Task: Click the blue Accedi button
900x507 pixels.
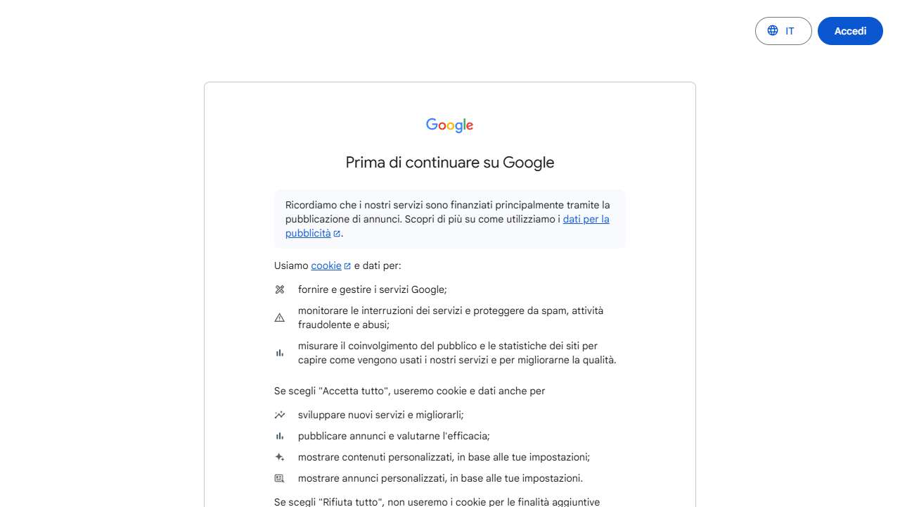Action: click(x=849, y=31)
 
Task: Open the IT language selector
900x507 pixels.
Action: click(x=783, y=31)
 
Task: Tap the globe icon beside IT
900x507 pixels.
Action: click(x=773, y=31)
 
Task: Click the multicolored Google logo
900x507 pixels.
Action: click(x=449, y=125)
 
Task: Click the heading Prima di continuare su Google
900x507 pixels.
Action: click(x=449, y=163)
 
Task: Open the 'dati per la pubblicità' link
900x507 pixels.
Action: click(x=586, y=219)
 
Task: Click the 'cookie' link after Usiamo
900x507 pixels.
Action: click(x=326, y=265)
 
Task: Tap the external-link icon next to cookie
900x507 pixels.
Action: click(x=347, y=266)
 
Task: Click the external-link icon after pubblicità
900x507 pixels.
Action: click(x=337, y=234)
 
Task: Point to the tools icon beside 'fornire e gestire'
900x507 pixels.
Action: click(x=279, y=289)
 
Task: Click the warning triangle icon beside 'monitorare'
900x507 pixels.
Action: click(x=279, y=318)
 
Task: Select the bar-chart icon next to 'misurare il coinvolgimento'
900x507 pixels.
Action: click(x=279, y=353)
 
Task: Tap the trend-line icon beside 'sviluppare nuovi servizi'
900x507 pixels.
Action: click(x=279, y=415)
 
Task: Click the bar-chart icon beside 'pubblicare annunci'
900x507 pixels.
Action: click(x=279, y=436)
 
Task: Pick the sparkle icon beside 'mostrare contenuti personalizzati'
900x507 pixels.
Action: click(x=279, y=457)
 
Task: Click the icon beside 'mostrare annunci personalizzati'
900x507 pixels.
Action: click(x=279, y=478)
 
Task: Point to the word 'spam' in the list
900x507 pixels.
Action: click(x=555, y=311)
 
